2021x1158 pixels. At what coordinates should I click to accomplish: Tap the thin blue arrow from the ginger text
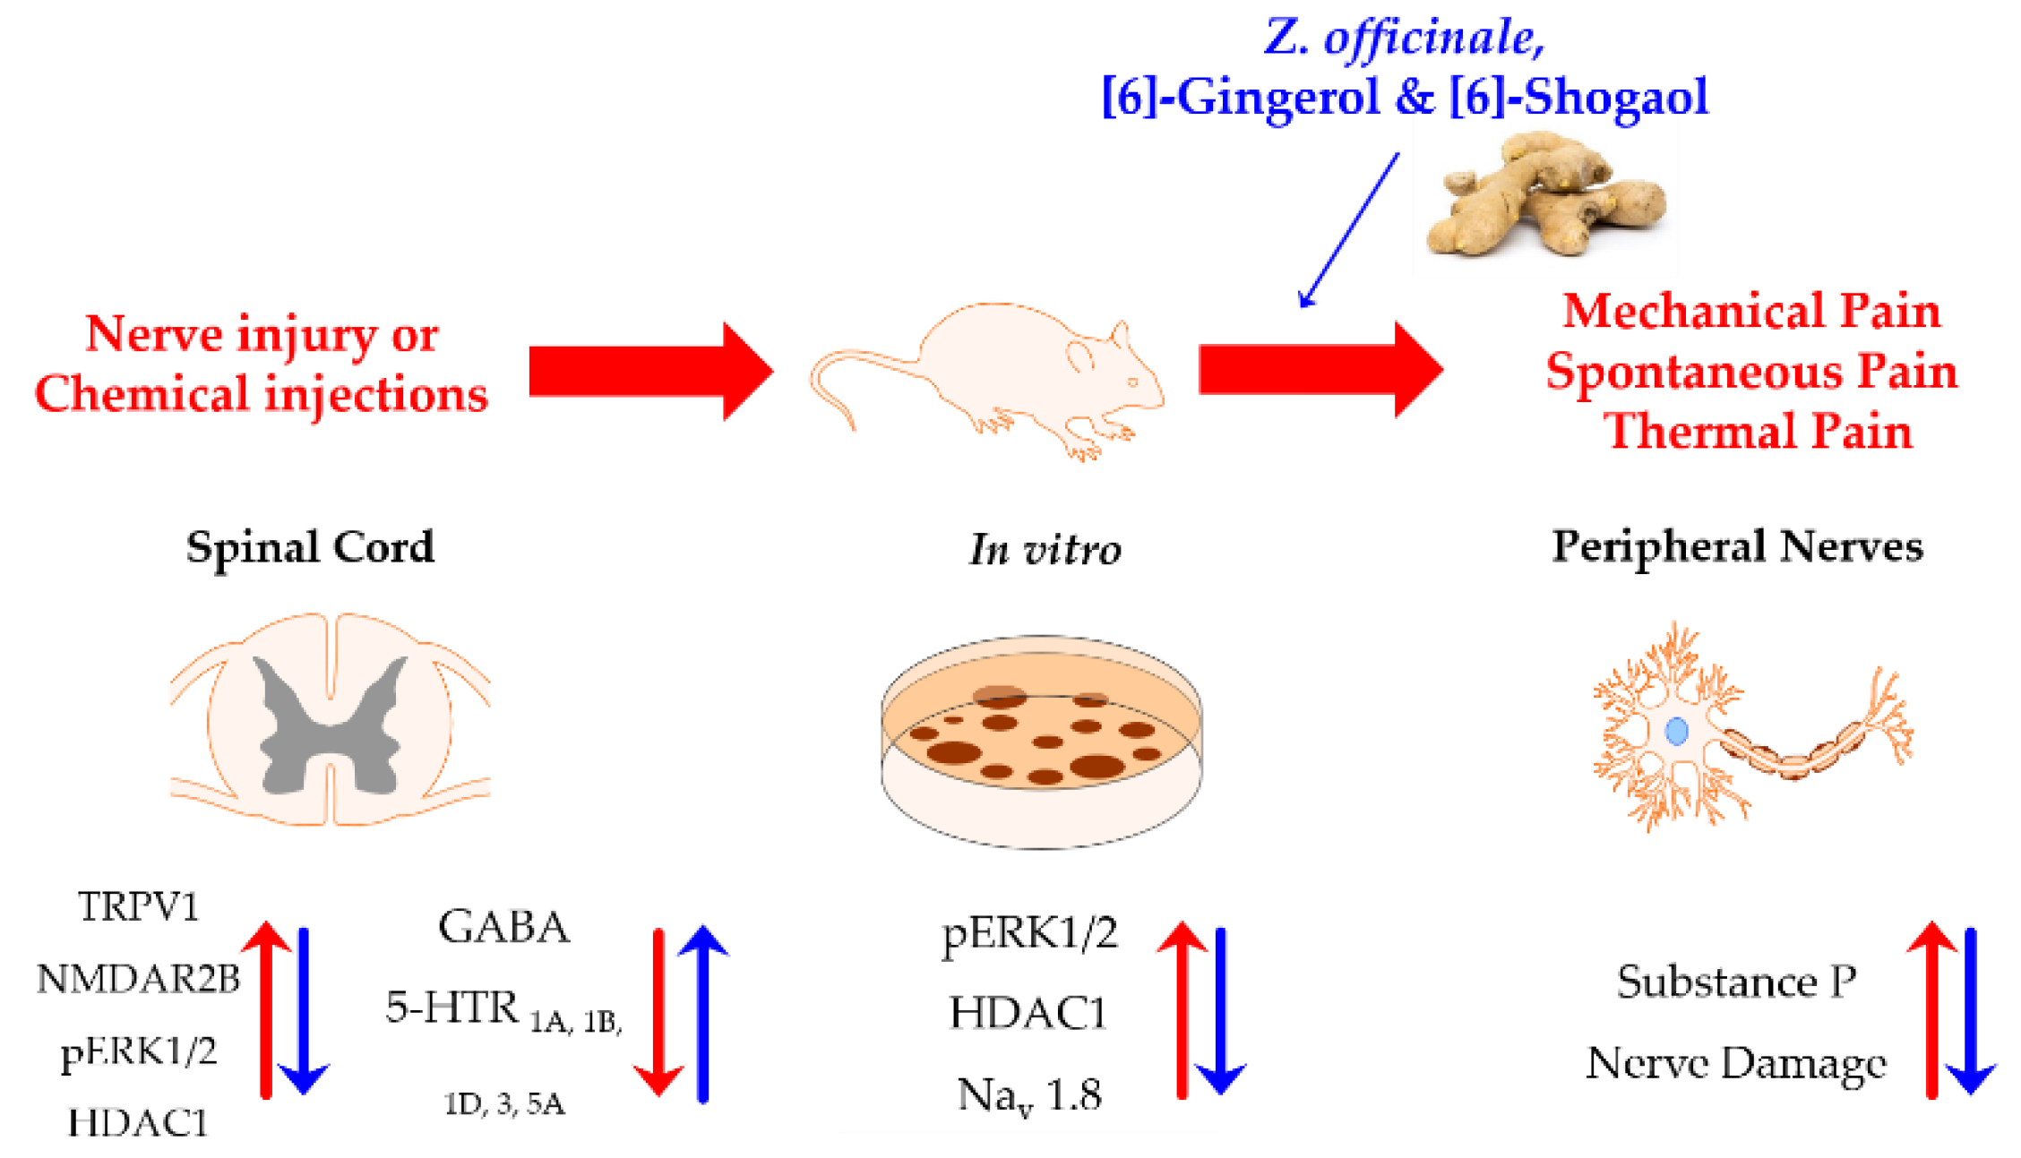tap(1349, 229)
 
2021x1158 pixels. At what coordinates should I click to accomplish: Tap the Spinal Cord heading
tap(310, 547)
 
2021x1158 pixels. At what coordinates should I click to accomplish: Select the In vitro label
tap(1045, 549)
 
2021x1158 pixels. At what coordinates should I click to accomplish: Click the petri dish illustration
tap(1041, 742)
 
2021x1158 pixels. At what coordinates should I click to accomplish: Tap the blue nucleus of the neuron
tap(1676, 731)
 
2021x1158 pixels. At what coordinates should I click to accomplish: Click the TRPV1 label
tap(138, 907)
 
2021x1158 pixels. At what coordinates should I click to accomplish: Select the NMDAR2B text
tap(138, 979)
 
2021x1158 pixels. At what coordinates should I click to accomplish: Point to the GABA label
tap(503, 927)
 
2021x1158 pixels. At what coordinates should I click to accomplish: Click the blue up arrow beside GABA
tap(703, 1012)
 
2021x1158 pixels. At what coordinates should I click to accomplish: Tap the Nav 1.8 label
tap(1029, 1095)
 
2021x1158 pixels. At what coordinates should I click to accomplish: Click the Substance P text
tap(1736, 982)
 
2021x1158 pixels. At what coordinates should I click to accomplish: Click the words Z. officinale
tap(1404, 38)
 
